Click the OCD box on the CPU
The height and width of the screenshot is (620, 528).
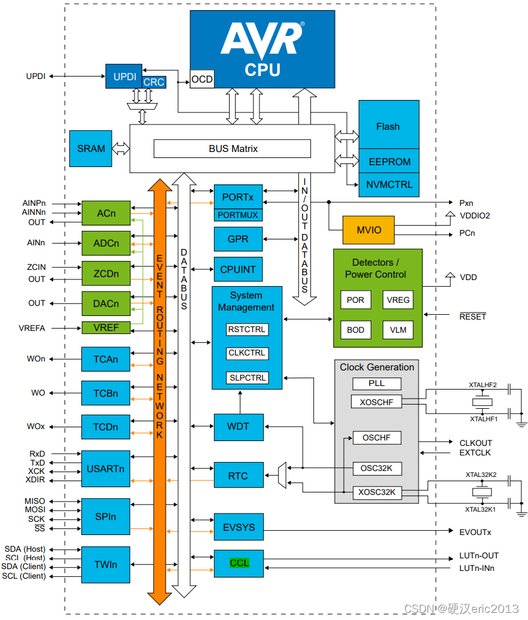tap(202, 79)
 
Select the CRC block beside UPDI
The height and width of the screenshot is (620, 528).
tap(154, 82)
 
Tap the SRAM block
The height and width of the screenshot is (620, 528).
tap(91, 148)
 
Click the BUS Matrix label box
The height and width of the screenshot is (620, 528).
tap(233, 148)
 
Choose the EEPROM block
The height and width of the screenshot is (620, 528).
tap(389, 162)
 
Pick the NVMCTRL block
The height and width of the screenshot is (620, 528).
tap(389, 185)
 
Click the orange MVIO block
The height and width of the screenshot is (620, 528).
tap(369, 230)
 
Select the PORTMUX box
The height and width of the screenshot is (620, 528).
tap(238, 215)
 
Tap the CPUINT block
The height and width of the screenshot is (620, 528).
tap(238, 269)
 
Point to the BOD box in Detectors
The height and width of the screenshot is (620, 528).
tap(356, 330)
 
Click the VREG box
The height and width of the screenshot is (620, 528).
tap(398, 300)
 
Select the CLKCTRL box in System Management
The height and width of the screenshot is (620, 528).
tap(247, 352)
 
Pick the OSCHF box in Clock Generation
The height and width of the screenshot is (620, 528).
tap(377, 437)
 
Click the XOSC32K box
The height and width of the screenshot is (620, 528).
tap(377, 493)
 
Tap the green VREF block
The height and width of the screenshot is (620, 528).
tap(106, 328)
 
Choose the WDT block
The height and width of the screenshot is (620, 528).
tap(239, 427)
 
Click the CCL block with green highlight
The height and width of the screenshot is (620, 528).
tap(239, 563)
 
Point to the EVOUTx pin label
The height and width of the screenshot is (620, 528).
tap(475, 532)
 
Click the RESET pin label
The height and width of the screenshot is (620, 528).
tap(472, 317)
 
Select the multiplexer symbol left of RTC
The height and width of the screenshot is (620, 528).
tap(282, 475)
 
